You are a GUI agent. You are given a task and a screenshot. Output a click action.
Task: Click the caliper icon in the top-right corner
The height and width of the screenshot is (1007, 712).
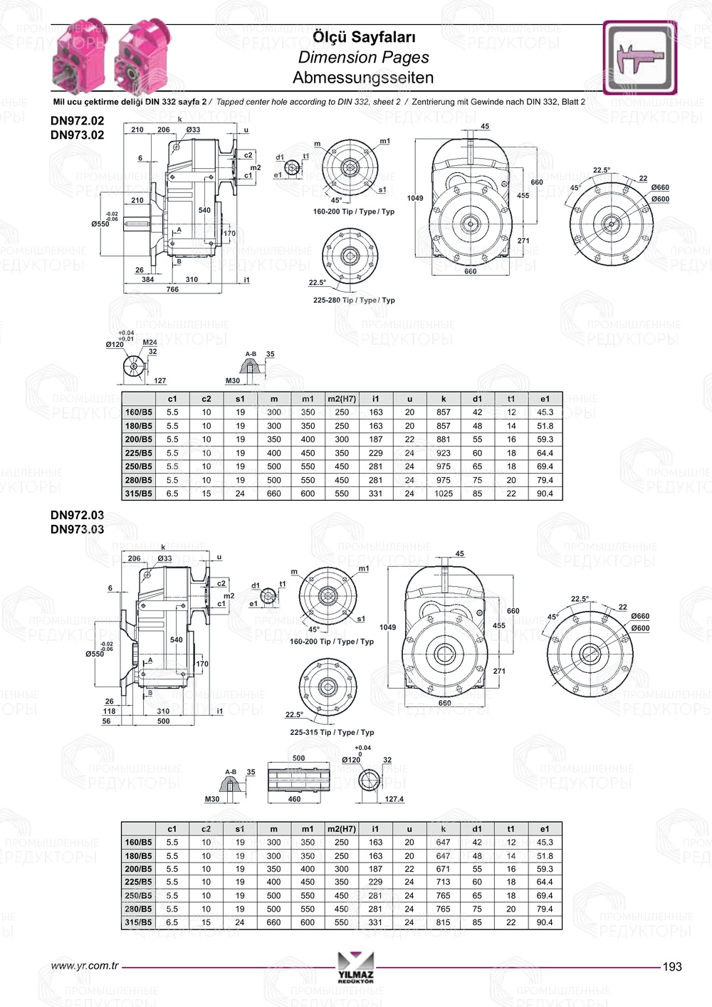point(640,58)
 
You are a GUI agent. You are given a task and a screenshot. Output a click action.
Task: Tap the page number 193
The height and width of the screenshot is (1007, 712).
point(671,966)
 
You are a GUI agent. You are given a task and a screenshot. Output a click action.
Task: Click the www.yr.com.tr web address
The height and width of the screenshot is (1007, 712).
point(85,966)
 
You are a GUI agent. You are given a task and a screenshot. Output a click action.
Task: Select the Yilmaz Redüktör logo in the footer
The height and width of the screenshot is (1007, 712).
point(355,968)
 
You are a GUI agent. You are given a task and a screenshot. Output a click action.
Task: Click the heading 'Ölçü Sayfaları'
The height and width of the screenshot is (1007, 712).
point(364,37)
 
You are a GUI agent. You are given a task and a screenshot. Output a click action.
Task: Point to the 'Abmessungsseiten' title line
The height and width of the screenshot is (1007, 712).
point(363,78)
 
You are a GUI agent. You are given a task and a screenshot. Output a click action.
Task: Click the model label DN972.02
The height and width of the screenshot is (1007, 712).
point(77,121)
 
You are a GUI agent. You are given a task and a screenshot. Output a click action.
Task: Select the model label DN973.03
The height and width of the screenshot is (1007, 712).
point(77,529)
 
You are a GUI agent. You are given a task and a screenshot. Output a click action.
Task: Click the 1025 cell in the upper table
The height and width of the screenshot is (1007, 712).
point(444,494)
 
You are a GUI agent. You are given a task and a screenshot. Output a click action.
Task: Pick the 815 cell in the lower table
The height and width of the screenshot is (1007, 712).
point(444,922)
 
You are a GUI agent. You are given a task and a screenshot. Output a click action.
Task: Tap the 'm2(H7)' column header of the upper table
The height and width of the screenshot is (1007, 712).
point(342,399)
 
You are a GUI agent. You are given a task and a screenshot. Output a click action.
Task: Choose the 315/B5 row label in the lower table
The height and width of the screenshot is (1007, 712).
point(138,922)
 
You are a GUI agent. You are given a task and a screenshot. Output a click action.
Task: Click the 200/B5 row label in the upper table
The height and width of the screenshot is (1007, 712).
point(139,439)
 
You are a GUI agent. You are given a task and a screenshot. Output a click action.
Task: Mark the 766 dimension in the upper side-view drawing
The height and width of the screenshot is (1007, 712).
point(172,290)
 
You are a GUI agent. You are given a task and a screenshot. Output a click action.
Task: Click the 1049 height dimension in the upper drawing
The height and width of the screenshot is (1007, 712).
point(414,199)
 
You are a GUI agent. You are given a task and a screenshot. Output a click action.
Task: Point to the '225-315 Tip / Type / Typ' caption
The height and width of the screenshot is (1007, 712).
point(332,732)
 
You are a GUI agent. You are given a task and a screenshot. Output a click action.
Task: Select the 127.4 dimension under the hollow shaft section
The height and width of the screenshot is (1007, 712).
point(394,799)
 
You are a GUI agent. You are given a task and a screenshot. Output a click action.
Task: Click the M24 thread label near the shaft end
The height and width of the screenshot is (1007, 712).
point(150,343)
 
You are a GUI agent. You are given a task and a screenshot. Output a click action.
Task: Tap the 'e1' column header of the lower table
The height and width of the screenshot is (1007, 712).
point(545,829)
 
